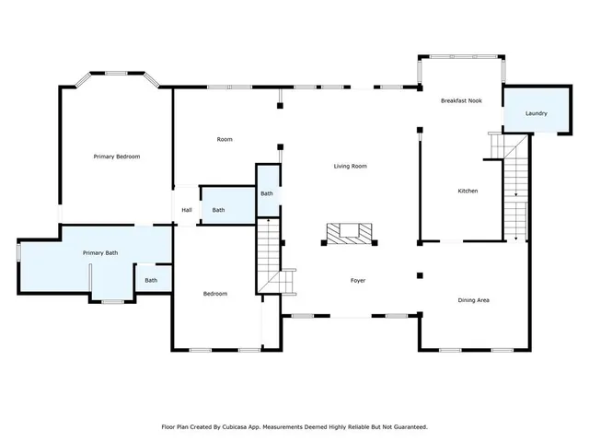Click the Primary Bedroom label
coord(117,157)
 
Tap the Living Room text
coord(350,167)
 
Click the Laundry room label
coord(537,114)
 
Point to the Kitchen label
coord(468,191)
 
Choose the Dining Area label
coord(474,300)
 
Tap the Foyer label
coord(359,280)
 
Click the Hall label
coord(187,210)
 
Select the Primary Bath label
coord(100,253)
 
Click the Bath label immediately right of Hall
coord(218,210)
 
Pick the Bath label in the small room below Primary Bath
coord(151,280)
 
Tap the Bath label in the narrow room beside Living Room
coord(266,193)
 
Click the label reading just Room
coord(225,140)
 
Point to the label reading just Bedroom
coord(215,294)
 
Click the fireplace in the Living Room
coord(349,234)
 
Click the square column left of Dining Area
coord(420,274)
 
